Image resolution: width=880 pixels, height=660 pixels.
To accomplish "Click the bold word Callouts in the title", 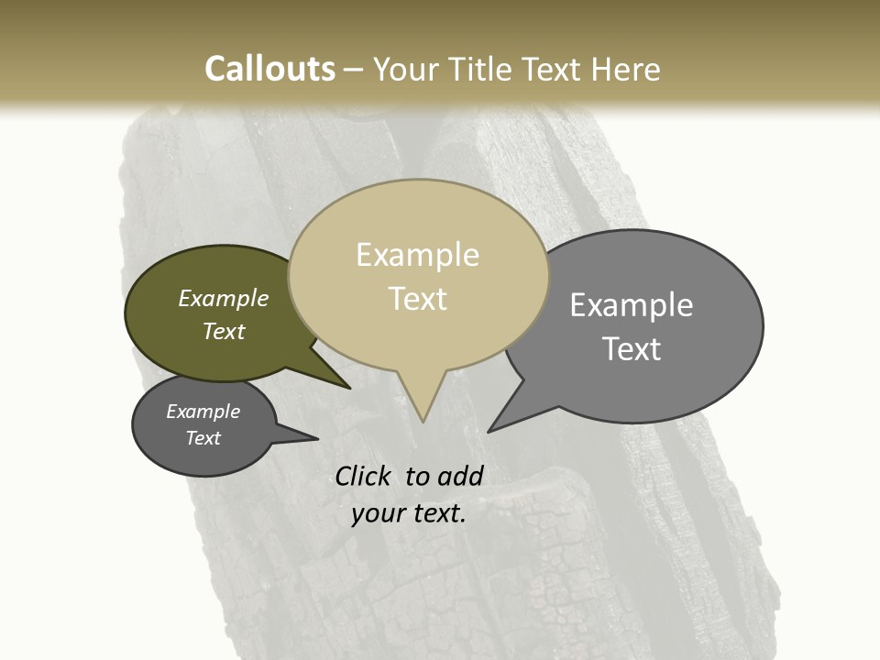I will pos(269,69).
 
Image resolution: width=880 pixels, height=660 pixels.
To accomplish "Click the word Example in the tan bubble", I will pos(417,255).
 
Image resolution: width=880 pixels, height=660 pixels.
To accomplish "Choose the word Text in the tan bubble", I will pos(418,299).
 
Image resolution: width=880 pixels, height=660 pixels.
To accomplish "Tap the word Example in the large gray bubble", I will pos(631,305).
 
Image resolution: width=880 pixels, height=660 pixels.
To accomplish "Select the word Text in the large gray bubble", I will pos(632,349).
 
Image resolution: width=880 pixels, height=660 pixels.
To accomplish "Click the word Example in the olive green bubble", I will pos(224,299).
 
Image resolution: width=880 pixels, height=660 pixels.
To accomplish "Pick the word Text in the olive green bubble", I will pos(224,331).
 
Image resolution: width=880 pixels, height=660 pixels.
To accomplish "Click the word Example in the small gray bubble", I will pos(203,412).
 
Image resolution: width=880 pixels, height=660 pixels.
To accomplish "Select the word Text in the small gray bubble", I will pos(203,438).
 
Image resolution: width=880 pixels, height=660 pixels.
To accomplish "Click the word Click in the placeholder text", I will pos(364,476).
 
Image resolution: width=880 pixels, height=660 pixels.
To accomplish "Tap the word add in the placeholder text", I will pos(460,476).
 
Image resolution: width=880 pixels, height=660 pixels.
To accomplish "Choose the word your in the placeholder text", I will pos(377,513).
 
